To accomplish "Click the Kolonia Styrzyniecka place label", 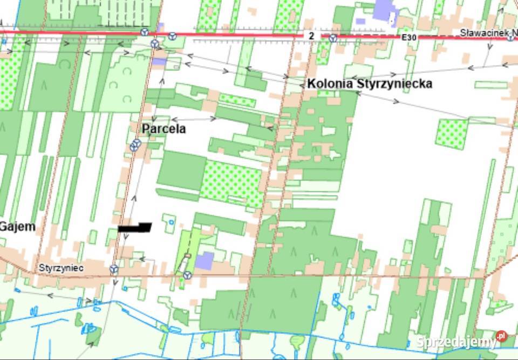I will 369,84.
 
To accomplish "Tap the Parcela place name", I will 163,129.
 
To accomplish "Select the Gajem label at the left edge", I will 17,227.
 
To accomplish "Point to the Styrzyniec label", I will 60,268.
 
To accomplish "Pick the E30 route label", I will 409,37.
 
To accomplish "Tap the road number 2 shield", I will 311,36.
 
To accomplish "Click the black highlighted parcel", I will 135,228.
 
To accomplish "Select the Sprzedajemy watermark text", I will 456,342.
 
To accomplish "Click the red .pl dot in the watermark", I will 502,336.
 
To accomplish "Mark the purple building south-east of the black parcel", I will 205,261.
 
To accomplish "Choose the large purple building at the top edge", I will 385,10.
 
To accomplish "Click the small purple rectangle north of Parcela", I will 159,61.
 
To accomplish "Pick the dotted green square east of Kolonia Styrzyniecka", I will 452,134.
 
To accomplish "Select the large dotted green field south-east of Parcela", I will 232,182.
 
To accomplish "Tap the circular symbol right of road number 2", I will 333,38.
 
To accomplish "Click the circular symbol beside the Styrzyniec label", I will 114,268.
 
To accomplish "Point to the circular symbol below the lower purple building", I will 187,275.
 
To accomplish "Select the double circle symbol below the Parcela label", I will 135,145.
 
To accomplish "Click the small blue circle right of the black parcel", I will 172,222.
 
